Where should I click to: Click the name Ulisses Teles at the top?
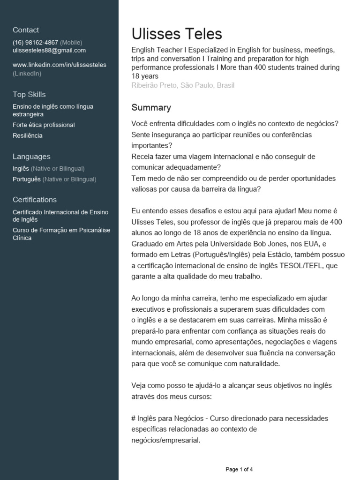[177, 34]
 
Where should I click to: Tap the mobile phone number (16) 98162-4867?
[35, 42]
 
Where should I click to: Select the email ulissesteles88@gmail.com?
[49, 50]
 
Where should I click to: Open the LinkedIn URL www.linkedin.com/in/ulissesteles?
[60, 65]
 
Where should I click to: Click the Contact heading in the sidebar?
[26, 30]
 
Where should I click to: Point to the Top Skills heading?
[29, 95]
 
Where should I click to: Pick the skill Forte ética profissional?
[44, 125]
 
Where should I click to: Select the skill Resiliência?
[28, 135]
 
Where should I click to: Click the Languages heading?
[31, 157]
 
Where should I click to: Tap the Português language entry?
[27, 179]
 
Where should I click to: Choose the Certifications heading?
[35, 200]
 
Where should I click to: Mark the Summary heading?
[151, 108]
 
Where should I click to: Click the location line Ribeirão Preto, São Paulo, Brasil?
[183, 85]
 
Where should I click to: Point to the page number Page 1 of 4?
[239, 469]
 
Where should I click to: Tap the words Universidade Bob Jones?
[244, 244]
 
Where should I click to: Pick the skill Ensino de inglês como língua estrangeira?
[52, 110]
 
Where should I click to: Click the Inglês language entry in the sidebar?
[21, 168]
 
